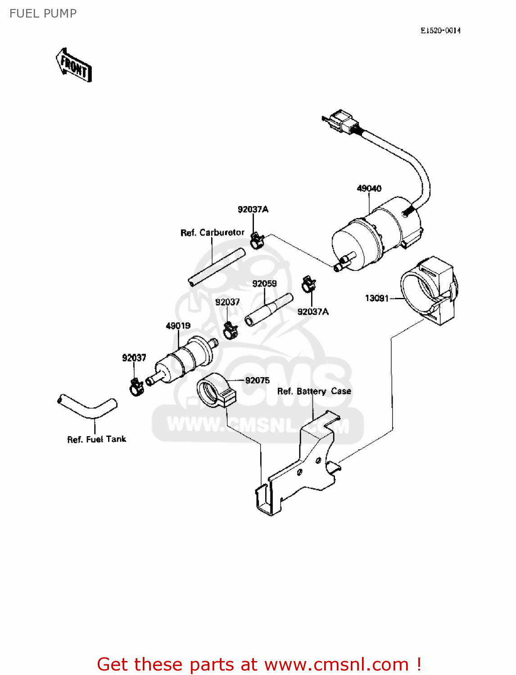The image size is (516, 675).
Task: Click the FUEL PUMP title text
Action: coord(43,13)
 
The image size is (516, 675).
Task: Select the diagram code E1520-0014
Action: coord(440,31)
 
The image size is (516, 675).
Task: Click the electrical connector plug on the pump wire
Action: coord(341,121)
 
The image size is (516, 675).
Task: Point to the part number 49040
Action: coord(369,189)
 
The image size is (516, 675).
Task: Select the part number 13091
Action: coord(376,298)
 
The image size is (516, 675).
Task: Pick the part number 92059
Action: coord(264,284)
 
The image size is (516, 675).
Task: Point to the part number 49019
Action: coord(178,326)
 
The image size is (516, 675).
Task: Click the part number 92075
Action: coord(257,381)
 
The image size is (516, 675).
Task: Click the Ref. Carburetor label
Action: coord(212,233)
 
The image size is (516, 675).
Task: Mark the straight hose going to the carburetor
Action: coord(216,267)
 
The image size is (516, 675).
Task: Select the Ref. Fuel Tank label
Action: coord(96,439)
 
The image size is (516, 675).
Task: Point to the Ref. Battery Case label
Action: coord(314,391)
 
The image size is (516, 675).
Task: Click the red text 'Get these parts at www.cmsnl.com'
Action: coord(259,664)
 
